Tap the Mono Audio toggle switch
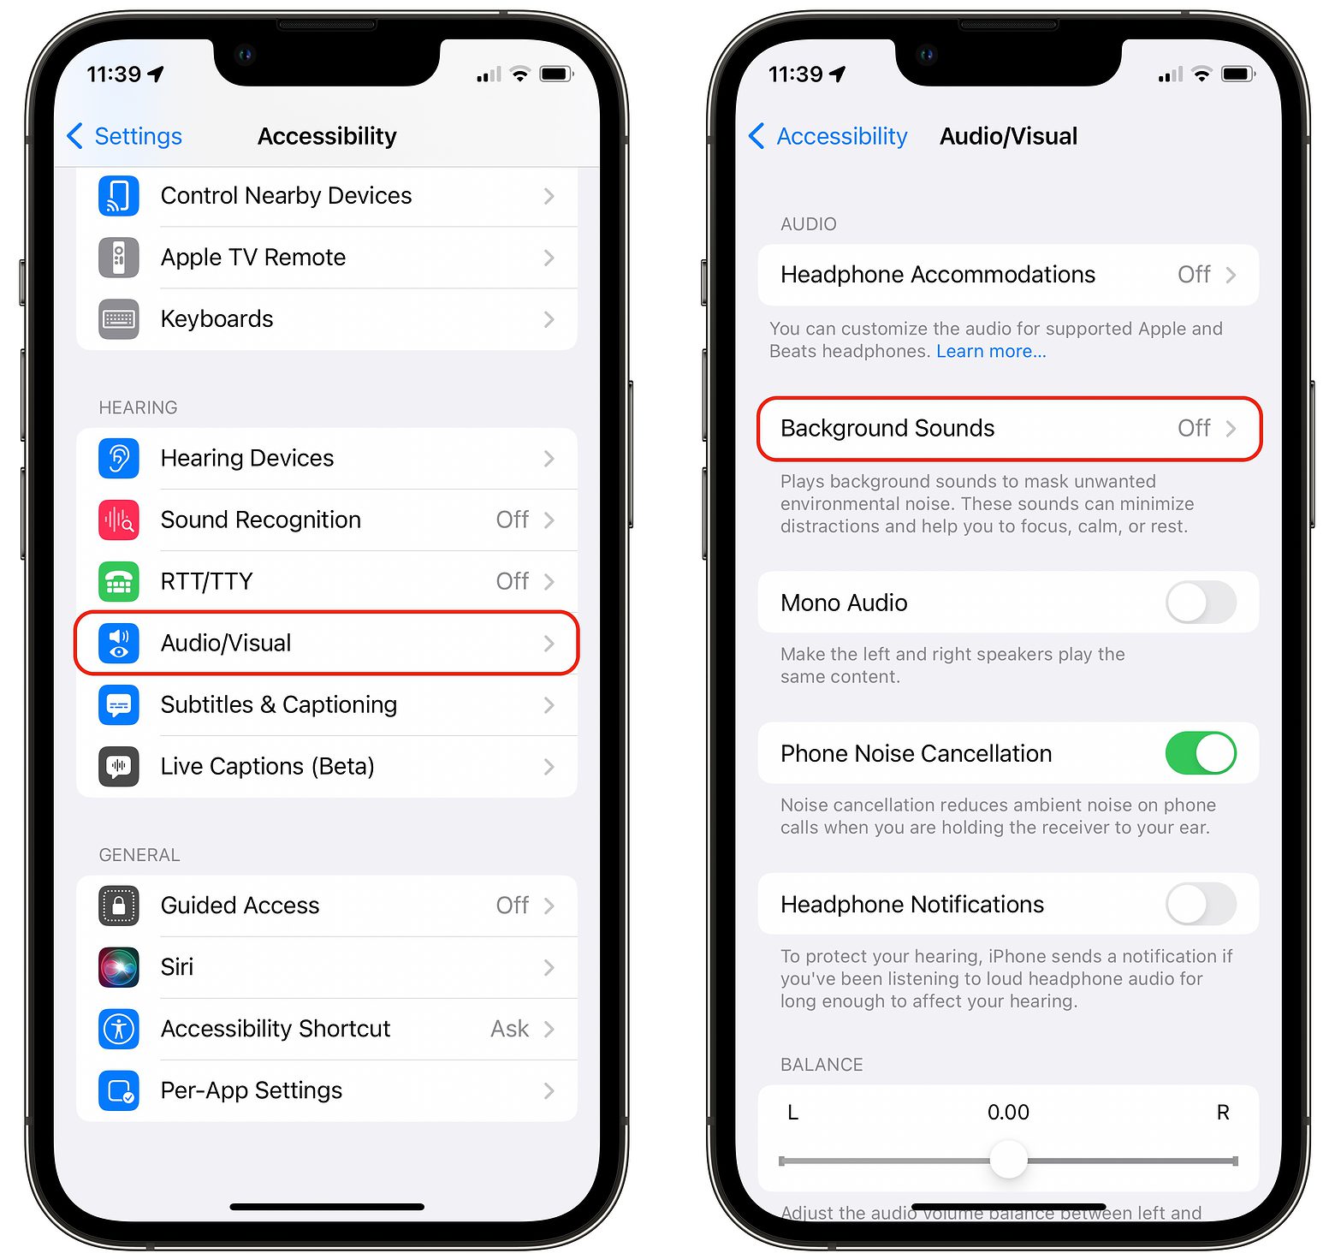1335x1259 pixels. (x=1201, y=603)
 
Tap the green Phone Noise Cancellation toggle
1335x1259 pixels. (x=1201, y=753)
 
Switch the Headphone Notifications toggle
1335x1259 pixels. (x=1201, y=904)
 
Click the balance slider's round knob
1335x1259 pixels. (x=1008, y=1160)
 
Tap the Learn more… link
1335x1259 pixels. (x=991, y=351)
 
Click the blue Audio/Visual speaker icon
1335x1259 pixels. (x=119, y=643)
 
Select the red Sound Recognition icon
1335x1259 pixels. (x=119, y=520)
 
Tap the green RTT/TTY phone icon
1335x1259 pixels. (x=119, y=581)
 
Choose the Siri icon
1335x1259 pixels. (x=119, y=967)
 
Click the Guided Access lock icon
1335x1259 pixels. (x=119, y=906)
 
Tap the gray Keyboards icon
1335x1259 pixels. (x=119, y=319)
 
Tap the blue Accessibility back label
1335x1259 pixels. (x=841, y=136)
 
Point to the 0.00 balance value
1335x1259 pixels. (x=1008, y=1112)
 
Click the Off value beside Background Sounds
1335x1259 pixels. (x=1193, y=428)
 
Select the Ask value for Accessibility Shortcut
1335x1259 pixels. (x=509, y=1029)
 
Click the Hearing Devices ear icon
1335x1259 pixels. (x=119, y=458)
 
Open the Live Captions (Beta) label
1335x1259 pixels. (x=267, y=766)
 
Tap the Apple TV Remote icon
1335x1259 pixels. (x=119, y=258)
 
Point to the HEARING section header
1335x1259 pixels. (x=138, y=407)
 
